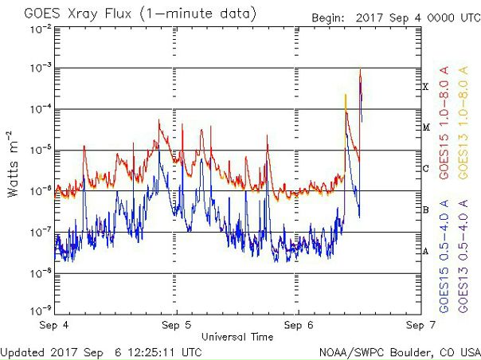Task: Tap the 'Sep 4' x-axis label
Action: click(x=54, y=325)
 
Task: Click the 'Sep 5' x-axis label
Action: click(x=175, y=325)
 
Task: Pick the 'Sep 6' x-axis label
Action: click(x=296, y=325)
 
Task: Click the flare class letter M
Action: click(x=426, y=127)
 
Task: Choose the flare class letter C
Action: click(x=426, y=169)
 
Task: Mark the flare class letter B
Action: click(x=426, y=210)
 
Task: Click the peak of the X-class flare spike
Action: click(x=361, y=69)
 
